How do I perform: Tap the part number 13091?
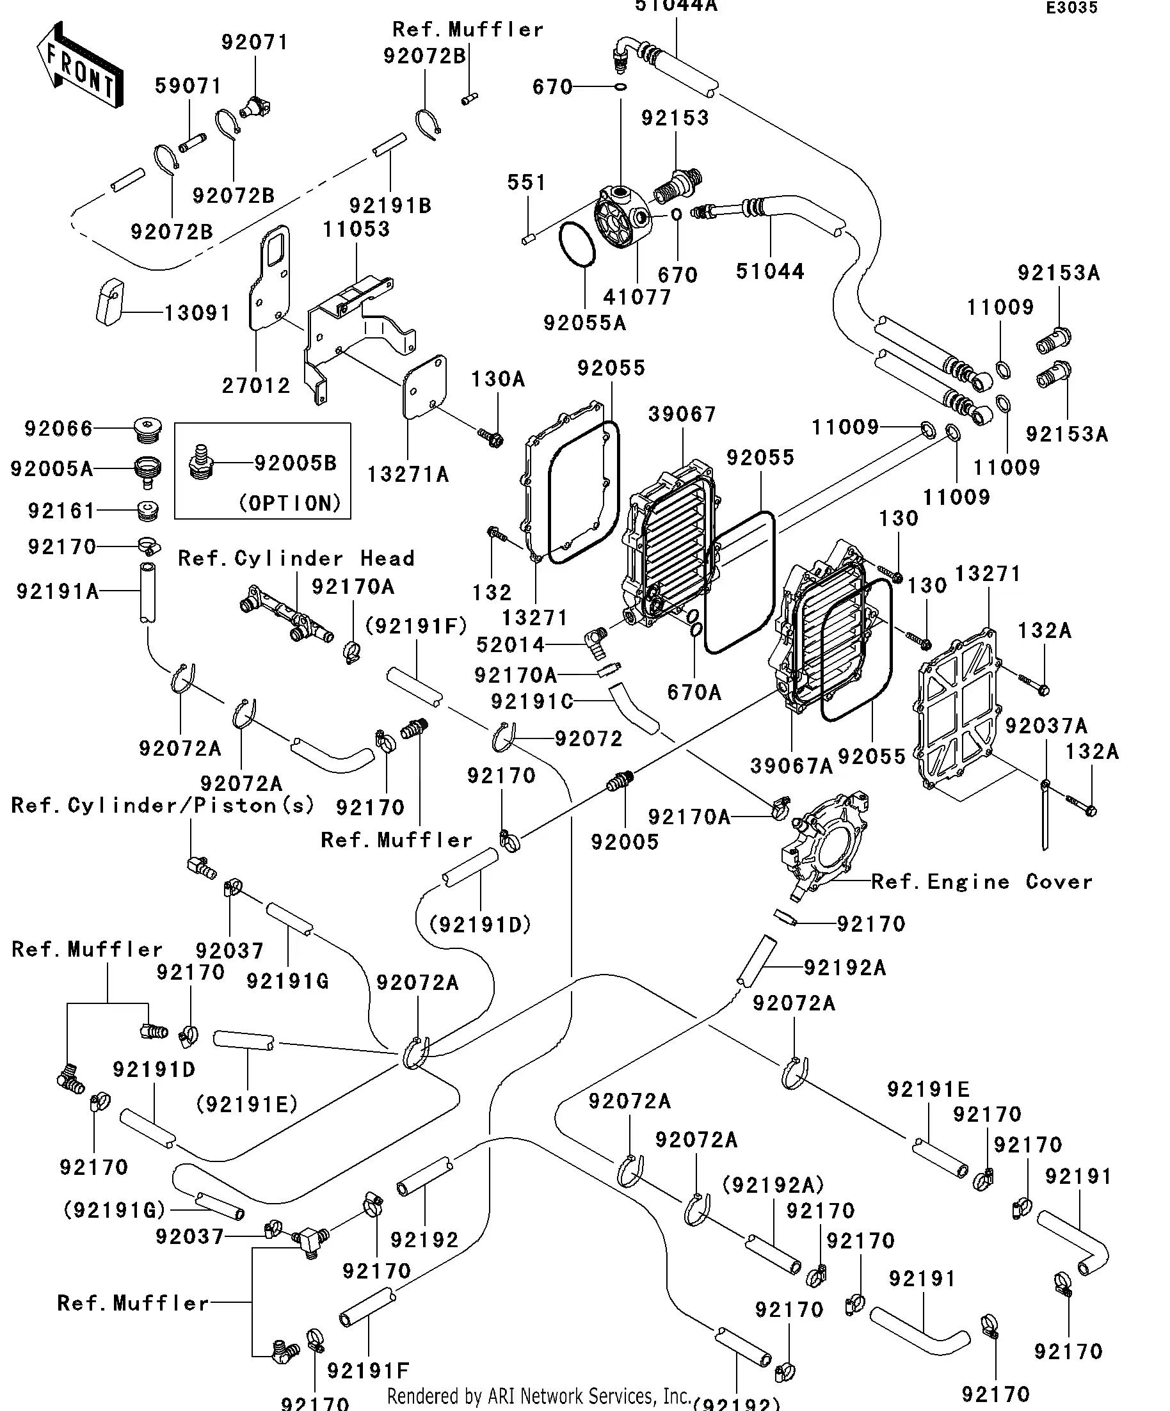(198, 313)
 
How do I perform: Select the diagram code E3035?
(1071, 8)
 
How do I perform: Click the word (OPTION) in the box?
(291, 503)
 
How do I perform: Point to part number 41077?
(637, 297)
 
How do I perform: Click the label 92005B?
(296, 463)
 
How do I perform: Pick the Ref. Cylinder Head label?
(296, 559)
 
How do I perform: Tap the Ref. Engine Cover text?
(982, 882)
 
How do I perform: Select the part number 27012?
(256, 386)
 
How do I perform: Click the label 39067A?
(792, 765)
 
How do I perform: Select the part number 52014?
(510, 645)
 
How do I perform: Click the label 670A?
(694, 692)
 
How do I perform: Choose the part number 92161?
(62, 511)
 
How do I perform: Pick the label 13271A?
(408, 474)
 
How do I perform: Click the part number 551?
(527, 182)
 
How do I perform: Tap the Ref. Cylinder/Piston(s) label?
(163, 805)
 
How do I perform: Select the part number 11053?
(356, 229)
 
